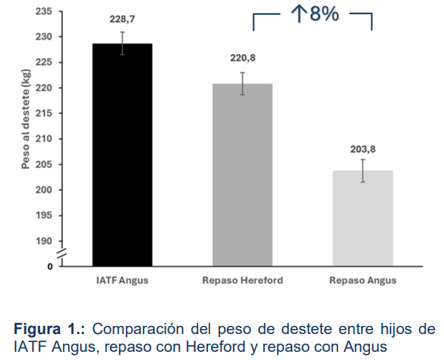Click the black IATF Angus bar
click(122, 155)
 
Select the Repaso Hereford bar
click(243, 175)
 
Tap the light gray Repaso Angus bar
click(363, 219)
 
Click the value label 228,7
click(122, 19)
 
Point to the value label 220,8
click(243, 58)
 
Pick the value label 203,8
click(363, 149)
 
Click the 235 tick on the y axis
click(44, 11)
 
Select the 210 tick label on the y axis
click(44, 139)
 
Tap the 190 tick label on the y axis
click(44, 241)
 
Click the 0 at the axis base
click(50, 267)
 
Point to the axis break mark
click(62, 253)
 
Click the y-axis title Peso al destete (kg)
click(25, 119)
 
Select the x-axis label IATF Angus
click(122, 280)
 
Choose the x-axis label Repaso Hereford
click(243, 280)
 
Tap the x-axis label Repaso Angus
click(363, 280)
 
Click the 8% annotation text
click(324, 13)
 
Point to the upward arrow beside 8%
click(299, 13)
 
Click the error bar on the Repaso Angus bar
click(363, 170)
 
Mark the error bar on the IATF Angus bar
click(122, 44)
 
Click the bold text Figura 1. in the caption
click(50, 330)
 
